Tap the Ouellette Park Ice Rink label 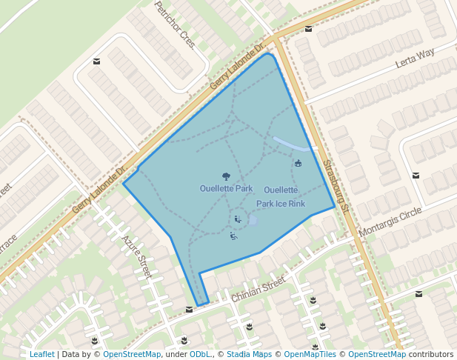pos(281,197)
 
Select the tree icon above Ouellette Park pos(226,176)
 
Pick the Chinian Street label pos(258,289)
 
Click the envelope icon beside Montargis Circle pos(416,176)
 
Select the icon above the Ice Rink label pos(298,163)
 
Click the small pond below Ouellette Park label pos(253,220)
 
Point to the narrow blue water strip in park pos(290,143)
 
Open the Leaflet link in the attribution pos(41,354)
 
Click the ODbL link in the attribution pos(200,354)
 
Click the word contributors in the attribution pos(431,354)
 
